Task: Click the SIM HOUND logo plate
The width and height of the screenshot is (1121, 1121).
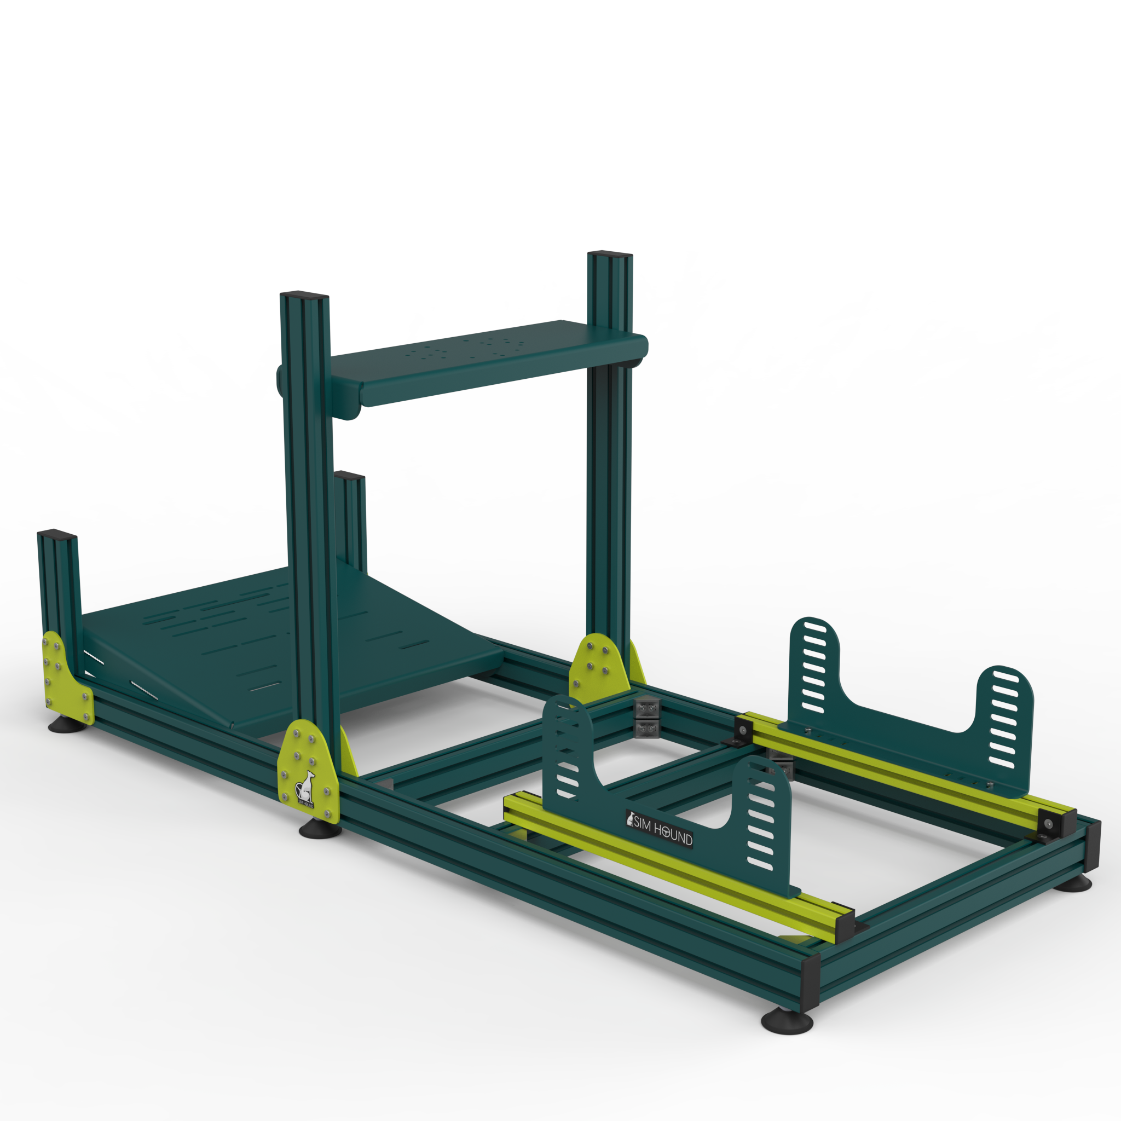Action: [659, 830]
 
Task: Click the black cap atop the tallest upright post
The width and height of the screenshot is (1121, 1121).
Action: [609, 254]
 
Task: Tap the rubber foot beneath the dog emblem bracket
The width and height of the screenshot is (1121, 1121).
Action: [320, 830]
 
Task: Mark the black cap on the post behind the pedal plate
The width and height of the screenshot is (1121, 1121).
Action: [349, 475]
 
